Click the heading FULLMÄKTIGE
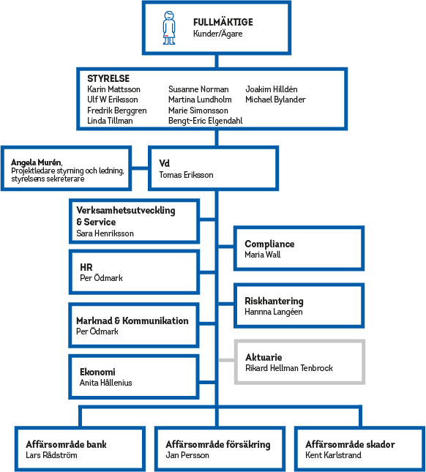coord(223,23)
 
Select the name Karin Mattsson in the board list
coord(113,89)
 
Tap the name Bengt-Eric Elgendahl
coord(205,120)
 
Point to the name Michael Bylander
coord(275,100)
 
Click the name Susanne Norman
coord(198,89)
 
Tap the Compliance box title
coord(269,244)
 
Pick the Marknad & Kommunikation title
coord(132,321)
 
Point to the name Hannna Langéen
coord(274,312)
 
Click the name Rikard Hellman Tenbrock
coord(288,368)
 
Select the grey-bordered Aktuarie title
coord(264,357)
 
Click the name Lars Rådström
coord(51,455)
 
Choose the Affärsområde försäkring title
coord(217,444)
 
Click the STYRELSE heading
coord(108,78)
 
